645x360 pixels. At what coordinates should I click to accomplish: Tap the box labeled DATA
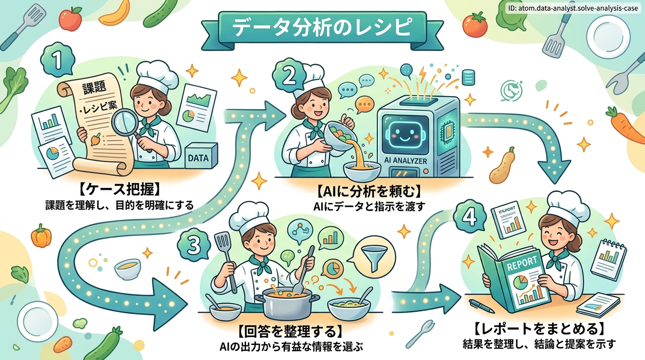pos(201,156)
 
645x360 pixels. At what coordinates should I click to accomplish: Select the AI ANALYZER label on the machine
pos(405,161)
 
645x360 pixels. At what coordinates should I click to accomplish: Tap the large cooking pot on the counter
pos(286,302)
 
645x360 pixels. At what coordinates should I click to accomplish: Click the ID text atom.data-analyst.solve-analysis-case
pos(573,8)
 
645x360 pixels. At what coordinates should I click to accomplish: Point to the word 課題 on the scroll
pos(94,87)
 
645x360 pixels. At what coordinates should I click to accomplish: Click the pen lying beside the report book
pos(482,306)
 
